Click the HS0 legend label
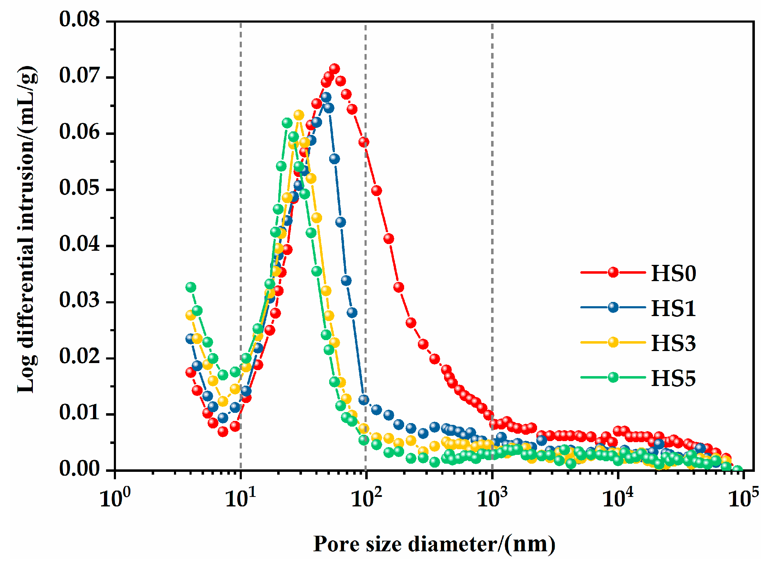[x=673, y=273]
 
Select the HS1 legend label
[x=673, y=308]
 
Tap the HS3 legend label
[x=673, y=343]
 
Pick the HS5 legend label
[x=673, y=378]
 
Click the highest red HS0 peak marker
[x=334, y=69]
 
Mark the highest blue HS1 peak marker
[x=326, y=97]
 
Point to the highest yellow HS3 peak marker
[x=299, y=115]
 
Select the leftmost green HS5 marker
[x=191, y=287]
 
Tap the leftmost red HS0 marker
[x=191, y=372]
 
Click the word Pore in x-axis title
[x=336, y=544]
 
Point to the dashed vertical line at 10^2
[x=366, y=247]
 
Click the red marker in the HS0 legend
[x=613, y=272]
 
